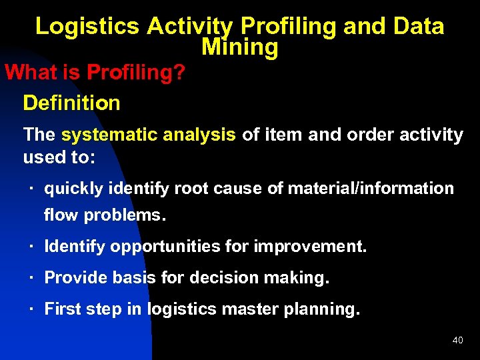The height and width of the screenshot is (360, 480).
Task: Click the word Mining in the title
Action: pos(239,47)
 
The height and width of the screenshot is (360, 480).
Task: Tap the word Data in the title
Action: pos(418,26)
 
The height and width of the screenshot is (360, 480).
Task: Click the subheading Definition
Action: pos(71,103)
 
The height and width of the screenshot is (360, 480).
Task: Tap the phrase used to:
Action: pos(59,158)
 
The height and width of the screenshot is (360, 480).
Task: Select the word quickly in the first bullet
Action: pos(73,189)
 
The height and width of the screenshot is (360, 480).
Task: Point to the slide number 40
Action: pos(457,341)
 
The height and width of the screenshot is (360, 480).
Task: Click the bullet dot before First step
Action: pos(31,309)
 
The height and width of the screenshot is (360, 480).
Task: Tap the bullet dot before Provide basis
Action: pos(31,278)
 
